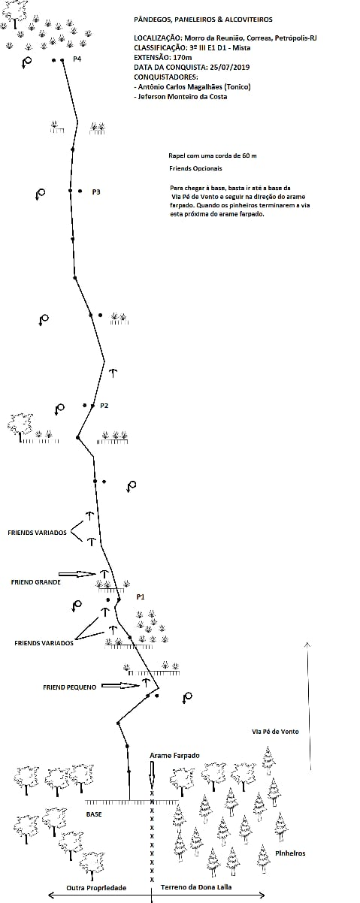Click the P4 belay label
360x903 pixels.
[x=77, y=59]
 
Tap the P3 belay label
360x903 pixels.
[x=96, y=192]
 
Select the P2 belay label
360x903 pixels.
[x=104, y=406]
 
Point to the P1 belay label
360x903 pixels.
[x=141, y=597]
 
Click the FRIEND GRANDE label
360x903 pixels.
[x=36, y=582]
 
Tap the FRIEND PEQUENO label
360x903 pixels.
[x=70, y=687]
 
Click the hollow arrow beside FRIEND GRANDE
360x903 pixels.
[x=77, y=574]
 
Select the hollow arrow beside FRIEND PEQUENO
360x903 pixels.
[x=120, y=685]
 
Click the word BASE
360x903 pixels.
[x=94, y=814]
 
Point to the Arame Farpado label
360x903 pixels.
[x=174, y=756]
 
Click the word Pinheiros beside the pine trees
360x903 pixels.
[x=290, y=853]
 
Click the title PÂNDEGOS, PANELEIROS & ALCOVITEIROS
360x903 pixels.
[x=203, y=20]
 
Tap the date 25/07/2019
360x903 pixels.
[x=229, y=68]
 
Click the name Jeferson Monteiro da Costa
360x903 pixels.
[x=182, y=97]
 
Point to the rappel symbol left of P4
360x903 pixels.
[x=26, y=62]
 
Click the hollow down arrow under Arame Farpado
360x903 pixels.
[x=152, y=774]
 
